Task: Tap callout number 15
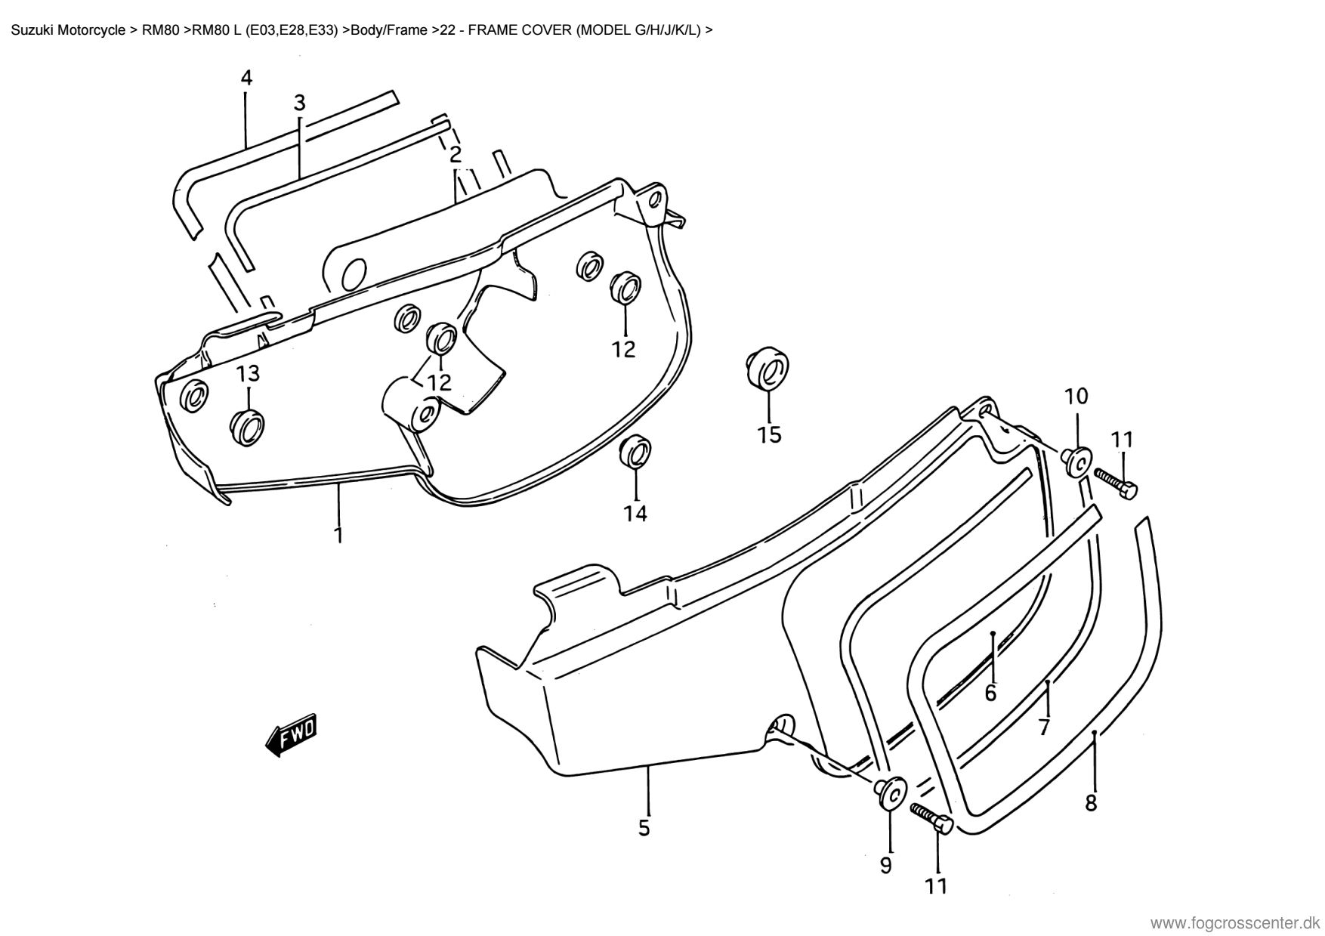[x=770, y=435]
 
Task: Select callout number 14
[x=635, y=514]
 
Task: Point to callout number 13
[x=248, y=373]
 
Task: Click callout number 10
[x=1076, y=396]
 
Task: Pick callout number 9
[x=886, y=864]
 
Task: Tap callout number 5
[x=644, y=828]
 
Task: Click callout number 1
[x=338, y=535]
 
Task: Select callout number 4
[x=246, y=78]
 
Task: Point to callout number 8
[x=1091, y=802]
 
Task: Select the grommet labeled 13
[x=248, y=427]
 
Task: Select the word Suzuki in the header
[x=30, y=31]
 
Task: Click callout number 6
[x=990, y=693]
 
